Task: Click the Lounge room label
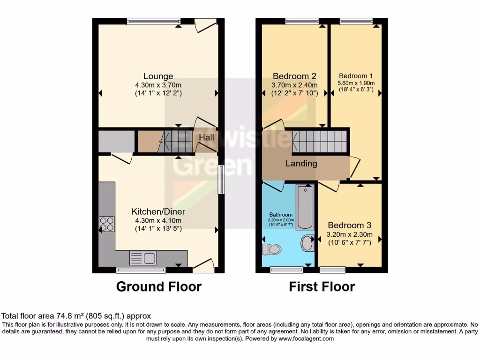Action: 158,76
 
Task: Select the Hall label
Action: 206,137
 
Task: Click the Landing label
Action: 302,164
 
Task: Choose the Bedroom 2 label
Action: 294,76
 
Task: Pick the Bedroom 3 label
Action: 349,225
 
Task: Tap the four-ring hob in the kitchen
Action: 106,224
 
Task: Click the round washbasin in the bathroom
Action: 307,243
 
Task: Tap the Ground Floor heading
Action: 158,286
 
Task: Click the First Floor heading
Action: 322,286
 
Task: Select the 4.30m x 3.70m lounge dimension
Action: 158,85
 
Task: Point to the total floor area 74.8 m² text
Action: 76,316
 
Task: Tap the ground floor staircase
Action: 177,140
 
